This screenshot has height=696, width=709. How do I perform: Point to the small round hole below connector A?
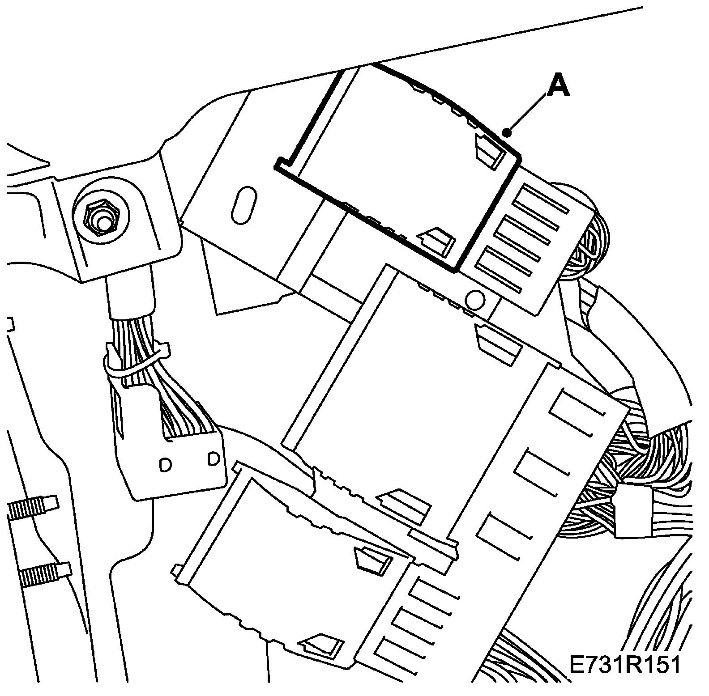[x=475, y=299]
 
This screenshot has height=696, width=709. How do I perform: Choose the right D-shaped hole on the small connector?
[x=213, y=459]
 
